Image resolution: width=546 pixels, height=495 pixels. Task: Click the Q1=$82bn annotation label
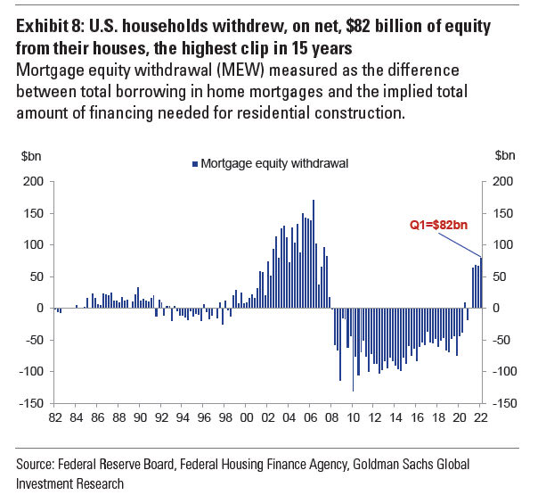[437, 227]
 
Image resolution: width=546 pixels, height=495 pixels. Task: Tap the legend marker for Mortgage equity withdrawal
[194, 163]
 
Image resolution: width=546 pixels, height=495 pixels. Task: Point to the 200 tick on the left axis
[33, 181]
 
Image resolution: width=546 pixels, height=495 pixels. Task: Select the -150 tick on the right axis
[501, 403]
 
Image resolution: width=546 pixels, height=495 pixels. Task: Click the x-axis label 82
[54, 417]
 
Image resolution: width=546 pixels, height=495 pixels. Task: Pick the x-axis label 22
[481, 417]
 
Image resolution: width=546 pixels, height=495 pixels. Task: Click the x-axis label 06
[311, 417]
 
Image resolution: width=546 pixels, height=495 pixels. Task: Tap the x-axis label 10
[354, 417]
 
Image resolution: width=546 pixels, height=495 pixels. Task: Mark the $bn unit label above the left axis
[30, 155]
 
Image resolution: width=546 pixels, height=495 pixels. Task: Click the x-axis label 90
[140, 417]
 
